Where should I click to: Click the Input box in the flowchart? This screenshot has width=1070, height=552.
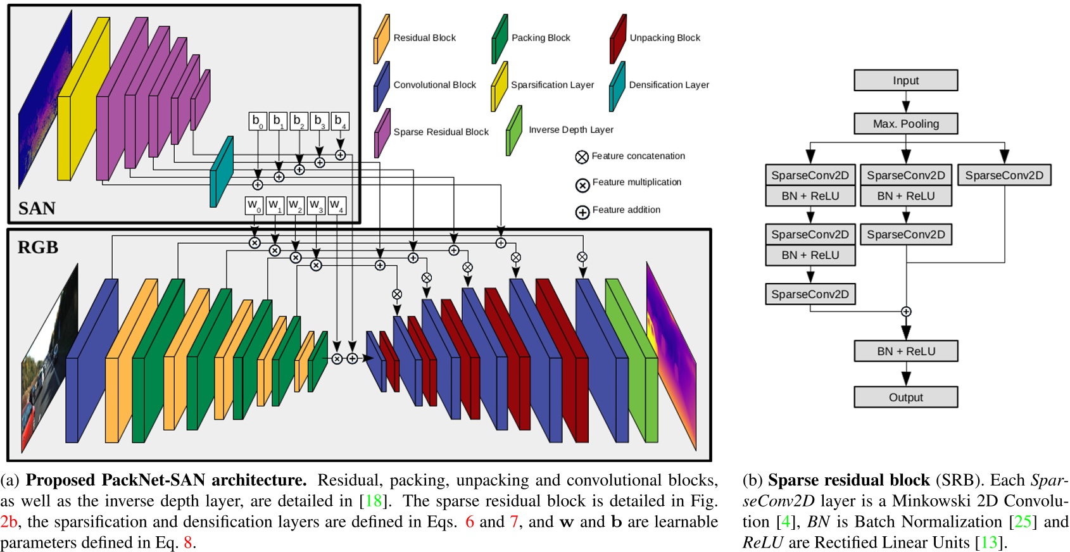[905, 80]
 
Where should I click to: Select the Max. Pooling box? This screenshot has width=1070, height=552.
[905, 123]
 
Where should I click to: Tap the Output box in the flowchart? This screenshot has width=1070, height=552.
[905, 397]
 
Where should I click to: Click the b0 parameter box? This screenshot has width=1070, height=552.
[257, 121]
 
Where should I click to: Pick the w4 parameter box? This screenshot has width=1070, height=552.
[337, 206]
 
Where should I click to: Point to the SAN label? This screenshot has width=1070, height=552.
[37, 208]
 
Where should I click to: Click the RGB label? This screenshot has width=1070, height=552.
[38, 248]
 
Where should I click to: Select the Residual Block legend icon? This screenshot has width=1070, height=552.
[381, 39]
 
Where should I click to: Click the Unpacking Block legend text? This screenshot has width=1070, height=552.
[665, 38]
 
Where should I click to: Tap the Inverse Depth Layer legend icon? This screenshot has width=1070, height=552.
[514, 130]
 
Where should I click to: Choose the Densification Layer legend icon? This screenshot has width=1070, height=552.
[617, 86]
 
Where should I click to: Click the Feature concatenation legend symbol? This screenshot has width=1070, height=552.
[582, 156]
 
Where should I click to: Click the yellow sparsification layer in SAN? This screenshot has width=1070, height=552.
[82, 101]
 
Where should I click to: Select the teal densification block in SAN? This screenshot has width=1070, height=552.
[221, 172]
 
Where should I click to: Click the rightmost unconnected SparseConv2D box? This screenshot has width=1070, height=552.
[1004, 175]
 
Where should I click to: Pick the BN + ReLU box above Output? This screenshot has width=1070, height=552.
[905, 351]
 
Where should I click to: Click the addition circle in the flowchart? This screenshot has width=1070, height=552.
[906, 311]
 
